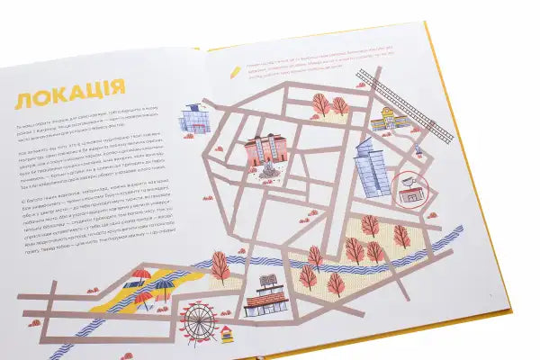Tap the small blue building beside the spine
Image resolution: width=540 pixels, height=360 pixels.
[x=194, y=118]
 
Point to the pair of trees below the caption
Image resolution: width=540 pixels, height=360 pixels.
[x=329, y=105]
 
